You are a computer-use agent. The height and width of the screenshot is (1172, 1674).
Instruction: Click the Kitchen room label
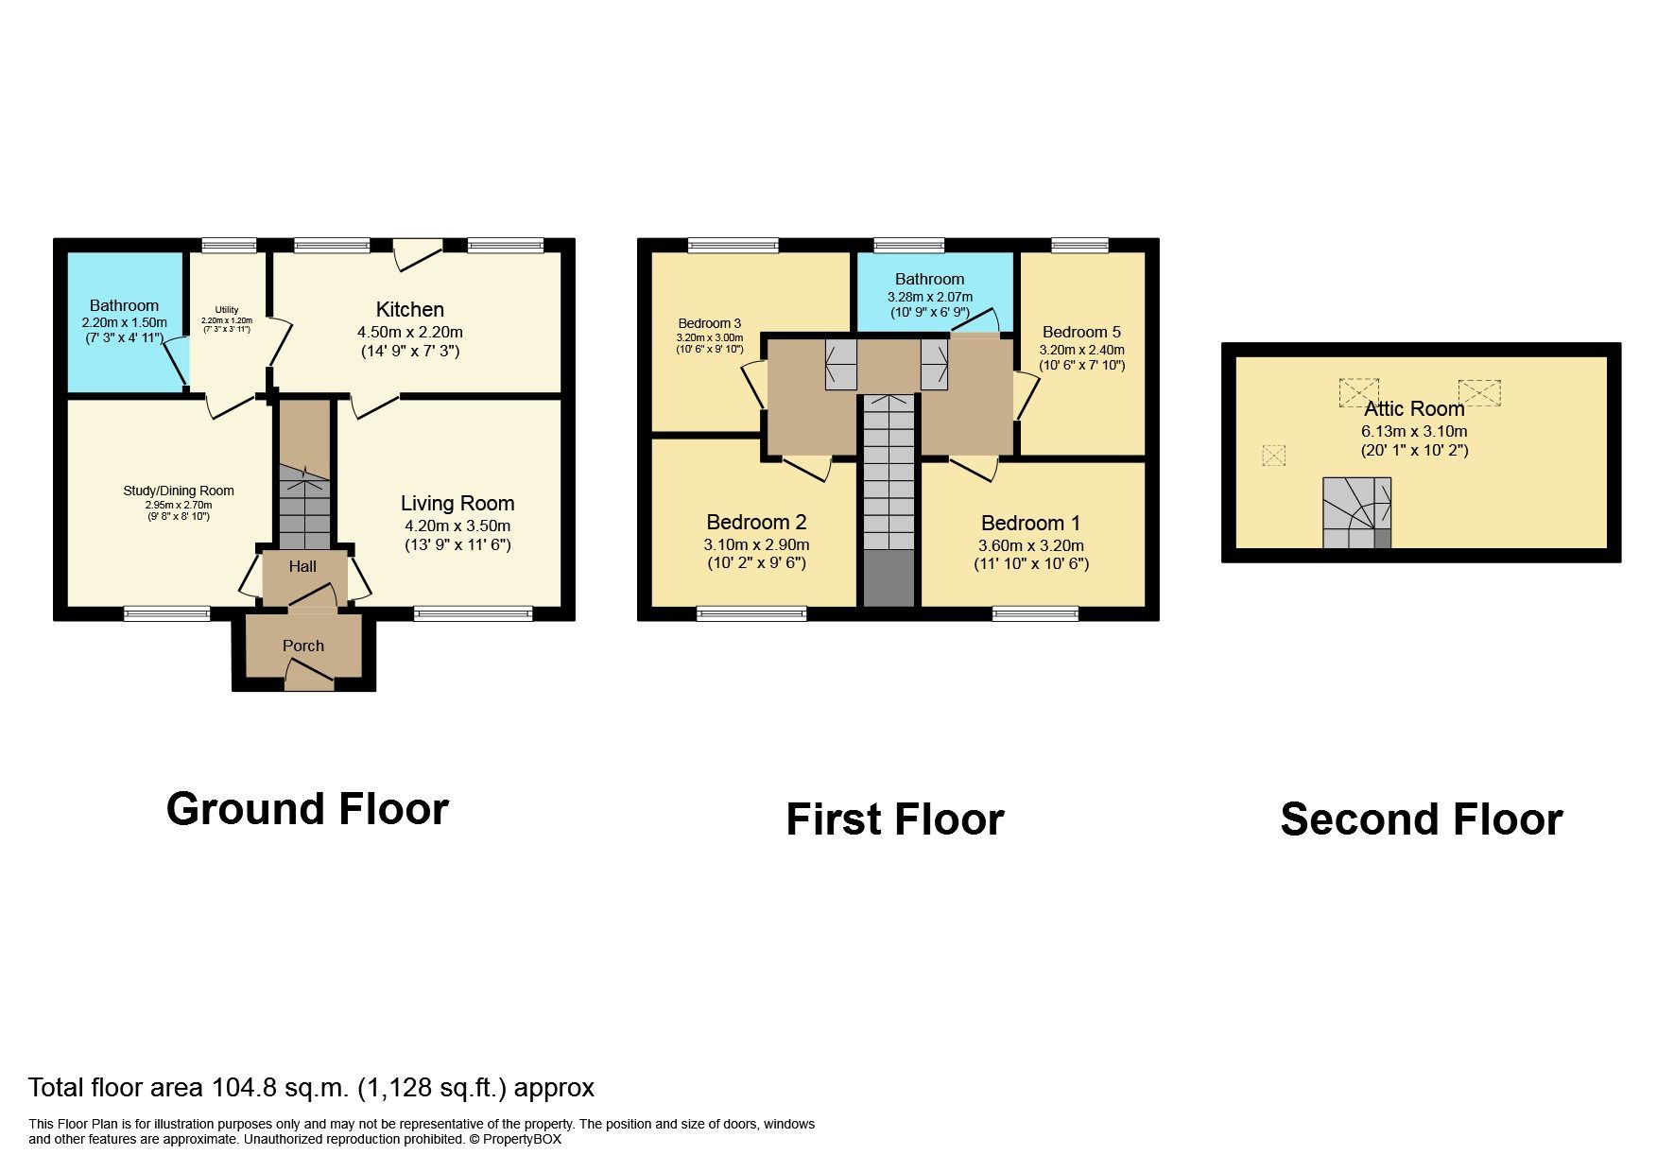pos(409,309)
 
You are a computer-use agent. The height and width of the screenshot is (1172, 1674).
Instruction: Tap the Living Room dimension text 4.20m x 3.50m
pos(457,526)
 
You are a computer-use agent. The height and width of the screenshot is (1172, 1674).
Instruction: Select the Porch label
pos(303,646)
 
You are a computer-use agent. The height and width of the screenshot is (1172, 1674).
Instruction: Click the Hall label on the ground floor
pos(302,566)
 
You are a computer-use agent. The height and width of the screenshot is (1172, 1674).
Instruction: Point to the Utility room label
pos(227,309)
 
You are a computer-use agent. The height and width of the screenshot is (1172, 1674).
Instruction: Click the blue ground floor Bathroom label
pos(124,305)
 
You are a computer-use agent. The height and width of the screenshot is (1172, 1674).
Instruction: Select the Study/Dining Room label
pos(179,491)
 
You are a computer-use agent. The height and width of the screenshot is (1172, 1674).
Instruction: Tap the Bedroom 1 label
pos(1030,523)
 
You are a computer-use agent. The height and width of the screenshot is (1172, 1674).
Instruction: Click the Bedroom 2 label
pos(756,522)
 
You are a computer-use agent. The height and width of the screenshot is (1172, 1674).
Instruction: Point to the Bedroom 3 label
pos(709,323)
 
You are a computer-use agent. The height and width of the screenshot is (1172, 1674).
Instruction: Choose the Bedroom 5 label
pos(1081,332)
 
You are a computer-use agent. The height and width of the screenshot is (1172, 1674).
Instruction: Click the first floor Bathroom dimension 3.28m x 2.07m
pos(929,297)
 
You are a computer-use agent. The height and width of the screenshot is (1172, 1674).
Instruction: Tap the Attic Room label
pos(1414,408)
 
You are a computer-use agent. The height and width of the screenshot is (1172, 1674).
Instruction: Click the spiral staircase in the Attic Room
pos(1355,513)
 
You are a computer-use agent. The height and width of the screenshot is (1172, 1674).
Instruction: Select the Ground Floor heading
pos(307,809)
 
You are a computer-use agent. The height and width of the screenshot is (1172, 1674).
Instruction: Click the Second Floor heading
pos(1421,819)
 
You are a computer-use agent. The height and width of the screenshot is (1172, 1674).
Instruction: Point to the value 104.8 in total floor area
pos(245,1088)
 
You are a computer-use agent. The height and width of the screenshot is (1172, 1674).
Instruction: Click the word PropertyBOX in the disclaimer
pos(522,1139)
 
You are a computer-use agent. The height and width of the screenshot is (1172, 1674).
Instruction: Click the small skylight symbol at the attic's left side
pos(1274,456)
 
